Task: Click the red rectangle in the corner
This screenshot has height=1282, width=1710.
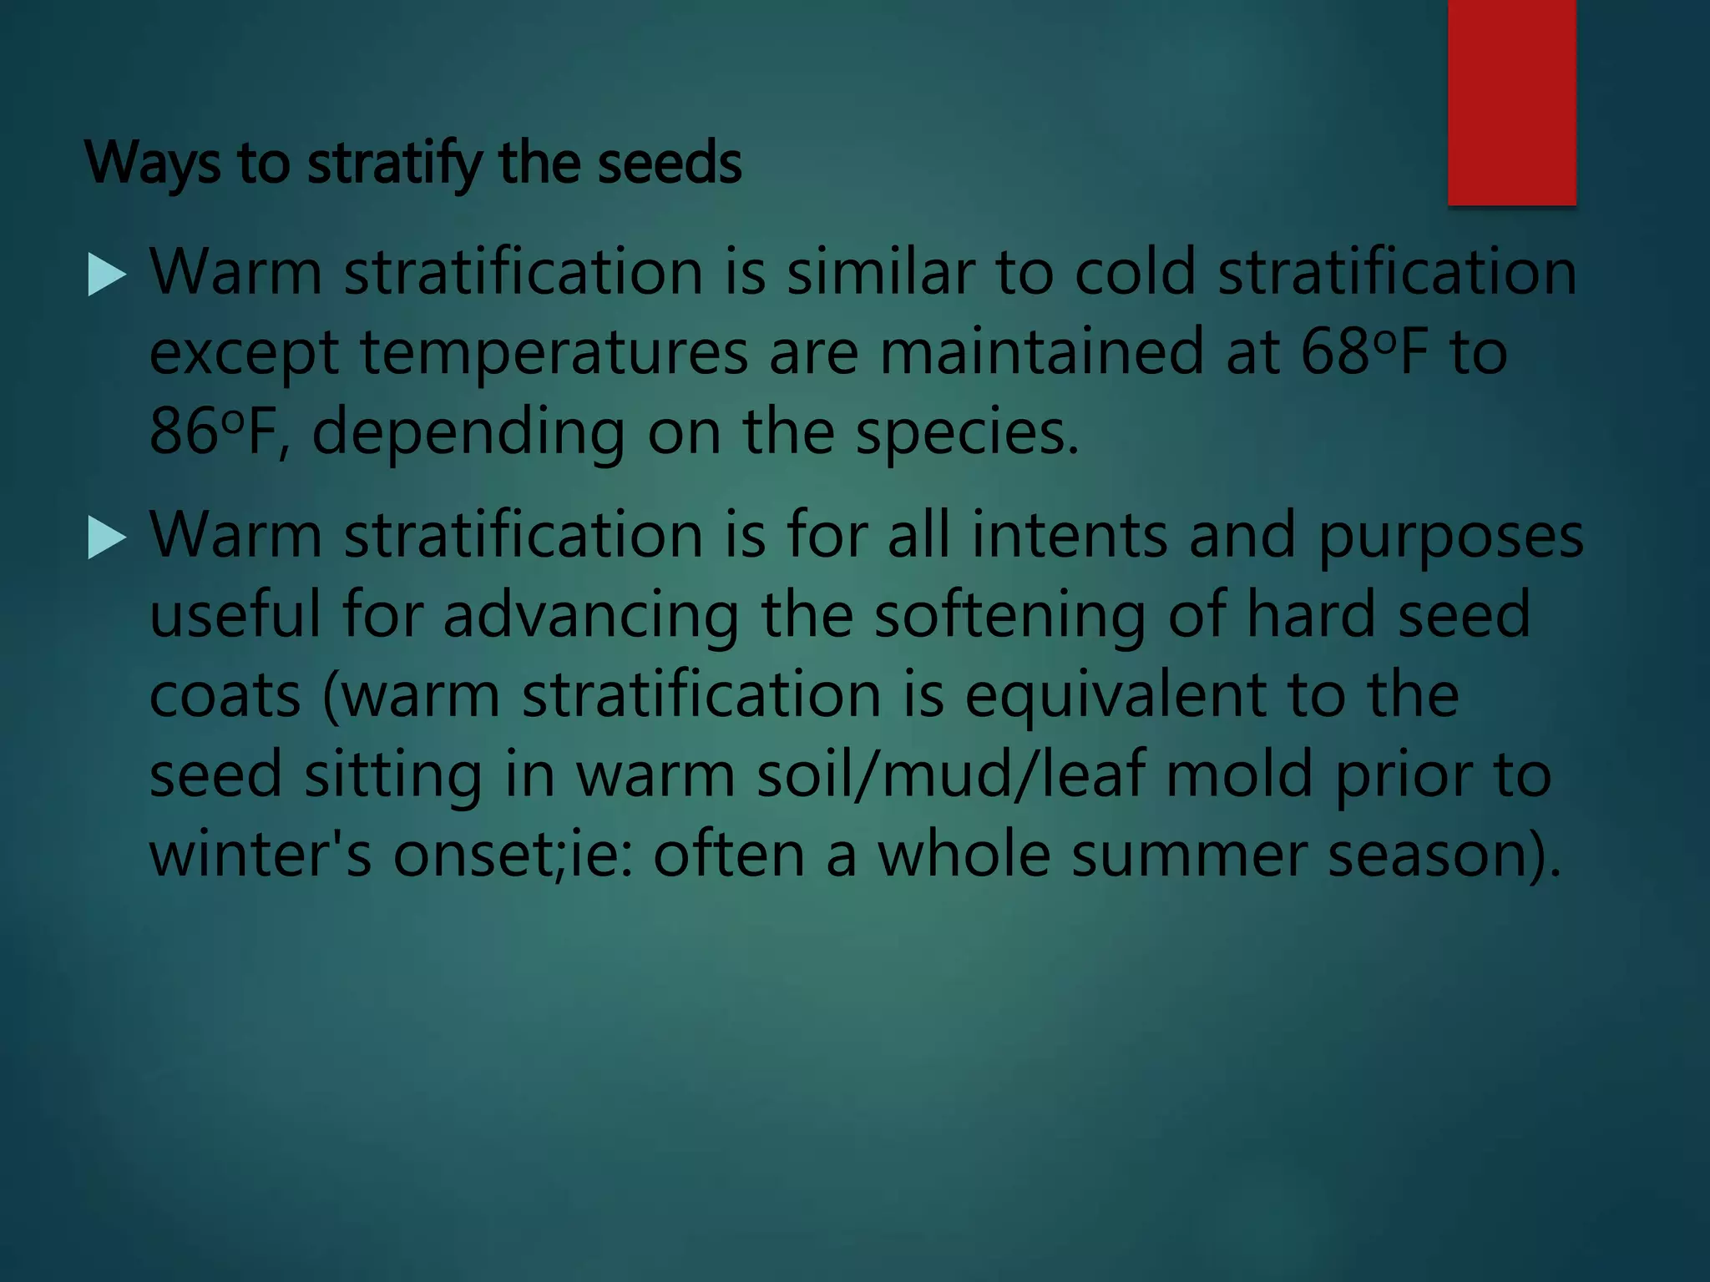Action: tap(1511, 102)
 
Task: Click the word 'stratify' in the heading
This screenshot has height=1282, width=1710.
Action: tap(394, 164)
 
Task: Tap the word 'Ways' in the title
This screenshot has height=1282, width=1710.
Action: tap(154, 164)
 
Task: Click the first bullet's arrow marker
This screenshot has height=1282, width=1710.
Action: tap(106, 275)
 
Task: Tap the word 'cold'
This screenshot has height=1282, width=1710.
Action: tap(1136, 273)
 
